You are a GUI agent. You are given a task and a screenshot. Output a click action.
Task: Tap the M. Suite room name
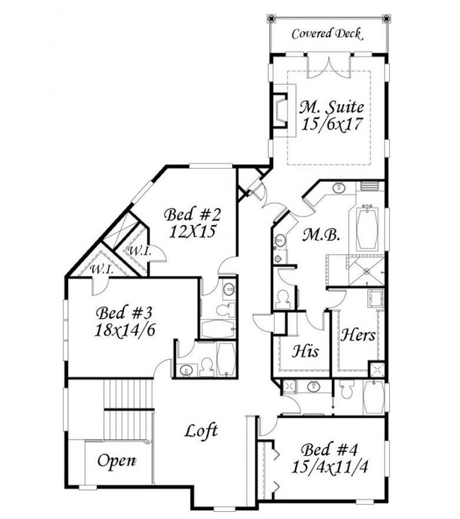click(x=331, y=108)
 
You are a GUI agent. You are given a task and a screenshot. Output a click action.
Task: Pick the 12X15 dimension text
click(x=192, y=231)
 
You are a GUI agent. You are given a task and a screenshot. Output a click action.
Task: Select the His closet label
click(x=306, y=350)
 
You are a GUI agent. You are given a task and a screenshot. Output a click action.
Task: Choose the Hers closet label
click(x=357, y=335)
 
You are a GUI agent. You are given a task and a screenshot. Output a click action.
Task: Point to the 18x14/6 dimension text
click(x=123, y=329)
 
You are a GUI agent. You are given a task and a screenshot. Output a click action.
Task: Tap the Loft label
click(x=201, y=430)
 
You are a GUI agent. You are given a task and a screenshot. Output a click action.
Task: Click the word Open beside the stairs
click(x=116, y=461)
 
